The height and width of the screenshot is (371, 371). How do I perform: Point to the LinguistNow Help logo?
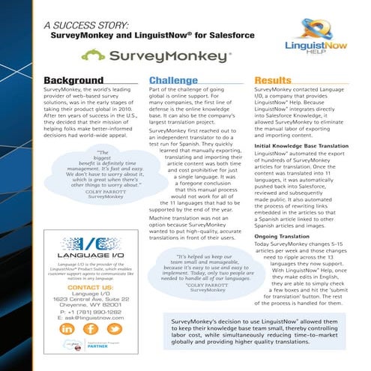pos(328,34)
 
